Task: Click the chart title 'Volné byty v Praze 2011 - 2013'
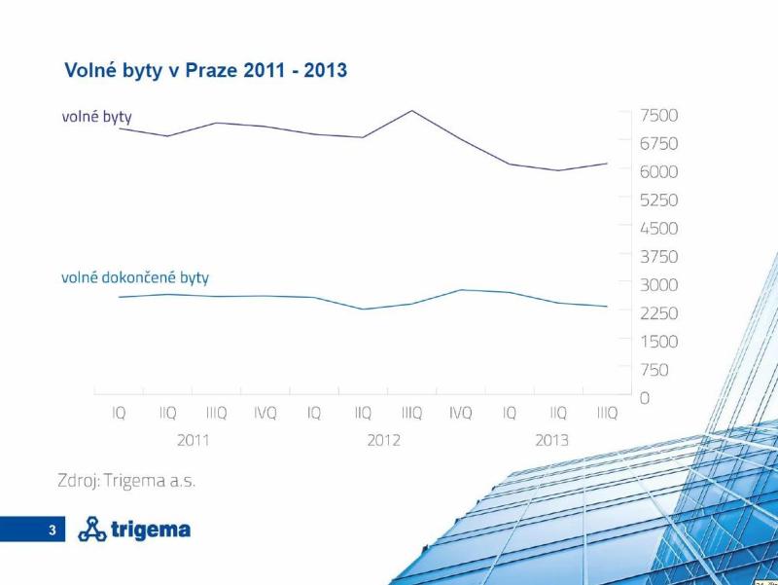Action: click(205, 71)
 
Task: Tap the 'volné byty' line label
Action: click(96, 117)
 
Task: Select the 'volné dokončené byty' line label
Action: click(135, 277)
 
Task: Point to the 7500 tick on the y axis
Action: click(658, 115)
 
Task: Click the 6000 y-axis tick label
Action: click(658, 171)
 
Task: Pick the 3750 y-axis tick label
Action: click(658, 256)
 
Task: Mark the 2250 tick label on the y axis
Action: click(658, 312)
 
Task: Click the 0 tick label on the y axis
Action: click(645, 398)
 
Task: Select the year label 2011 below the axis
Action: click(193, 441)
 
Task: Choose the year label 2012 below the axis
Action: click(383, 441)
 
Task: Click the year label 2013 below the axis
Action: click(552, 441)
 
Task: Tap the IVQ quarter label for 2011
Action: click(265, 414)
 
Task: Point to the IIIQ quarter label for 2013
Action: click(607, 414)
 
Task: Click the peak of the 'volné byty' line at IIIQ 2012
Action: click(411, 110)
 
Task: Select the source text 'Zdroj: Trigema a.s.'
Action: click(129, 481)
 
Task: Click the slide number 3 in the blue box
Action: click(53, 530)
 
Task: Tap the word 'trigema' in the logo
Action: click(151, 530)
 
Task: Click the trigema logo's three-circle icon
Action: click(92, 530)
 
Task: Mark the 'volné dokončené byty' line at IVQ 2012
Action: click(461, 290)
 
